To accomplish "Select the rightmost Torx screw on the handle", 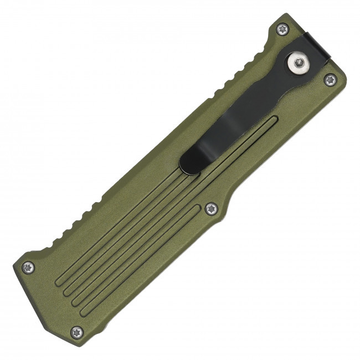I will pyautogui.click(x=331, y=80).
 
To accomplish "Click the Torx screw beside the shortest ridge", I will pyautogui.click(x=211, y=208).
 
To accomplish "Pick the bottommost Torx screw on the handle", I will pyautogui.click(x=77, y=332).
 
